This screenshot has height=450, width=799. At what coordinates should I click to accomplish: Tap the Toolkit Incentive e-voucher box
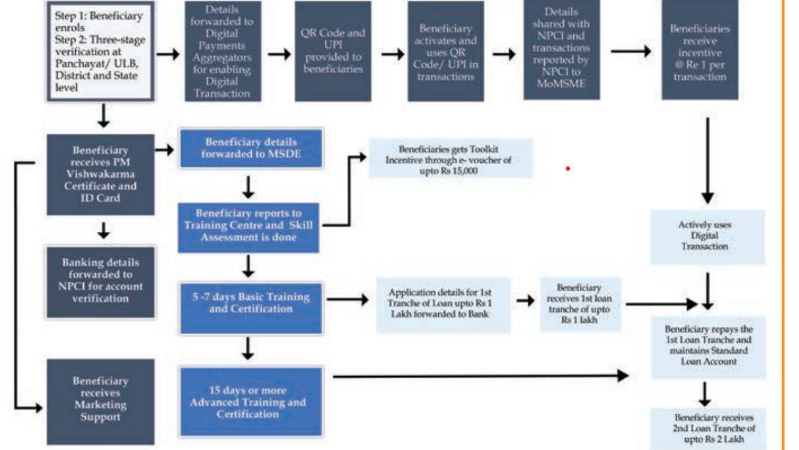pos(451,159)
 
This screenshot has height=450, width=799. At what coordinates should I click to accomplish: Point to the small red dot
pos(567,169)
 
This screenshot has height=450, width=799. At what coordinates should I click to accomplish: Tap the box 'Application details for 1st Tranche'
pos(442,305)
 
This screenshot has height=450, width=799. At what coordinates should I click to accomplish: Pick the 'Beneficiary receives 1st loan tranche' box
pos(580,305)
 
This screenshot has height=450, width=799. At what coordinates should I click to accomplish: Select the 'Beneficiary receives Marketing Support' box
pos(99,401)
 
